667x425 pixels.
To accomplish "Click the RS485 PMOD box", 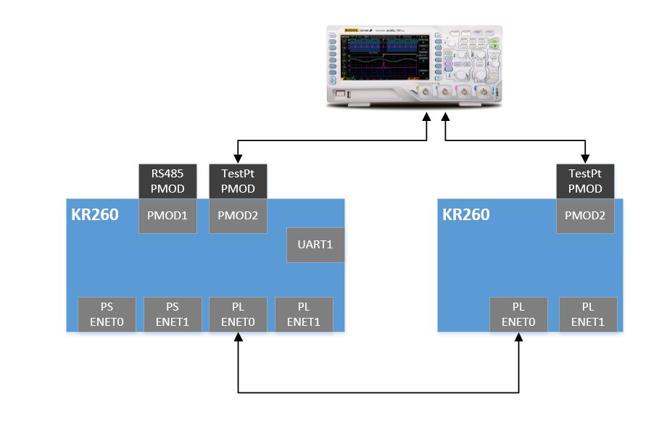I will click(x=167, y=181).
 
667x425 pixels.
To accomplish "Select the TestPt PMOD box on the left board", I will click(x=238, y=181).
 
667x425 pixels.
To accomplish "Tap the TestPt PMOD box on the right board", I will click(x=585, y=181).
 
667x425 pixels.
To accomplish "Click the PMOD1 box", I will click(x=167, y=216).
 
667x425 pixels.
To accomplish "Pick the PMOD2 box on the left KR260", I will click(x=238, y=216).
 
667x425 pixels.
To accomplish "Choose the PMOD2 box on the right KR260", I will click(x=585, y=216).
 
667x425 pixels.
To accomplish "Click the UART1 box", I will click(x=315, y=245).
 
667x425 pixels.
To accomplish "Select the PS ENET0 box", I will click(x=107, y=314).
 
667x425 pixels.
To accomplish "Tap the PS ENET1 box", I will click(x=173, y=314).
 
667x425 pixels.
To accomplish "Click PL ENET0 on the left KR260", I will click(x=238, y=314).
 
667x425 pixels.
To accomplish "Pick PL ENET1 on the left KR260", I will click(x=304, y=314).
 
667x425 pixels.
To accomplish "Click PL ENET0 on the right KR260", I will click(x=519, y=314).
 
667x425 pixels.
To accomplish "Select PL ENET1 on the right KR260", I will click(x=588, y=314).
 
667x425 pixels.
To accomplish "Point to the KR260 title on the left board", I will click(x=95, y=215).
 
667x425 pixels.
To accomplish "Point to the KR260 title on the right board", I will click(x=466, y=215).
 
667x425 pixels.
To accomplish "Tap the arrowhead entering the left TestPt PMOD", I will click(x=238, y=159).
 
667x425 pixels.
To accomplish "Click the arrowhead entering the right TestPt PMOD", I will click(x=585, y=159).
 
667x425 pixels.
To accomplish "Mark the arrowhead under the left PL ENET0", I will click(x=238, y=337).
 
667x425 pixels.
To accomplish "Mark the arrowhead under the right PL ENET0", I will click(x=519, y=337).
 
